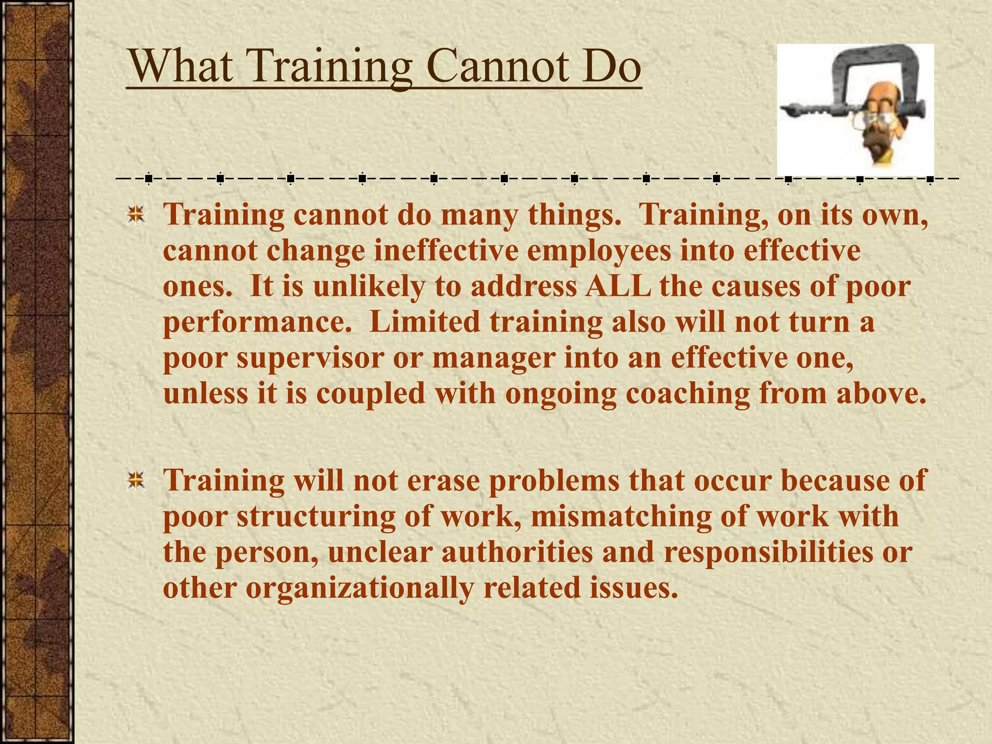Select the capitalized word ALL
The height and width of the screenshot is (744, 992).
tap(618, 286)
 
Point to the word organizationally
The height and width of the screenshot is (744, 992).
tap(359, 588)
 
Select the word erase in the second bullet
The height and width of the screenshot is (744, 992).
tap(443, 480)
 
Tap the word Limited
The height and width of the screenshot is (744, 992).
tap(424, 322)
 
